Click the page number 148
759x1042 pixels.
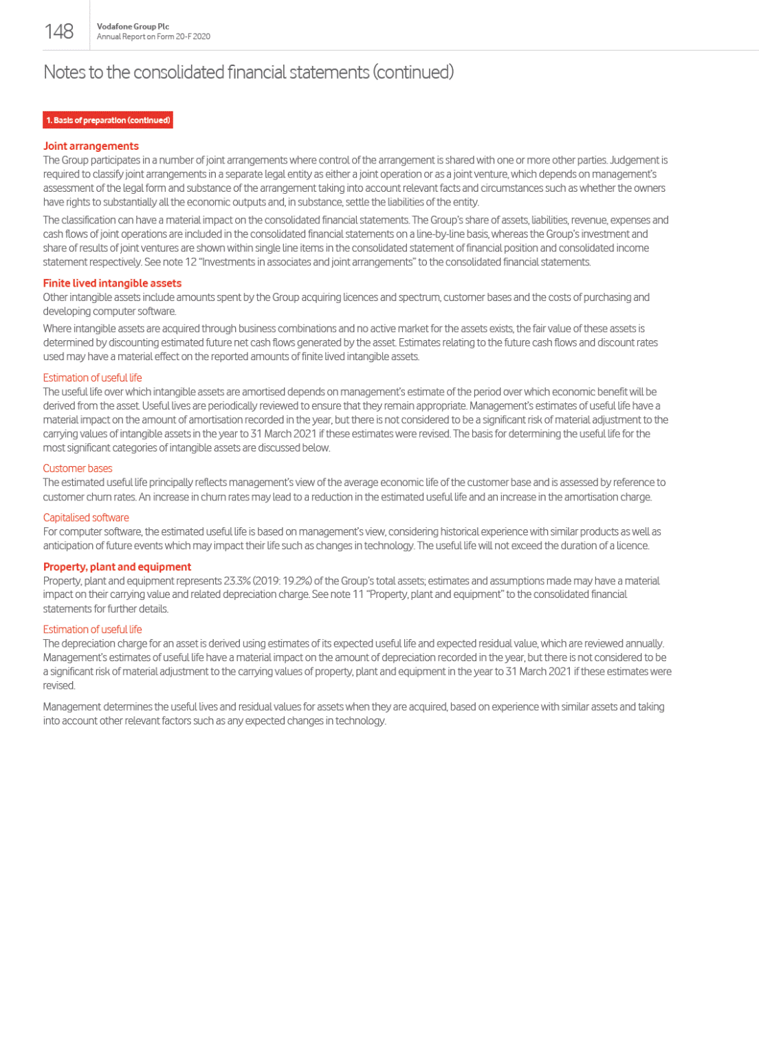tap(59, 31)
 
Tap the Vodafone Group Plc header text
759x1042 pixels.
tap(133, 27)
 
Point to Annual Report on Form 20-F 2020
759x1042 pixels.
tap(153, 36)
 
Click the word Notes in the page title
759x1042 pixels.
tap(64, 72)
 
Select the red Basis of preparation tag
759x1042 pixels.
tap(108, 120)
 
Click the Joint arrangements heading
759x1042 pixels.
tap(91, 146)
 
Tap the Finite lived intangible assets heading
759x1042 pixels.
tap(112, 283)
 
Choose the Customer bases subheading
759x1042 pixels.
tap(78, 468)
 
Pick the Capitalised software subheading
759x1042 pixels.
tap(86, 518)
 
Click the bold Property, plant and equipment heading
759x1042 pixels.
tap(117, 566)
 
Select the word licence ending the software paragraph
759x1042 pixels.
tap(632, 546)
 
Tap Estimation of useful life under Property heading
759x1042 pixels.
tap(92, 629)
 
